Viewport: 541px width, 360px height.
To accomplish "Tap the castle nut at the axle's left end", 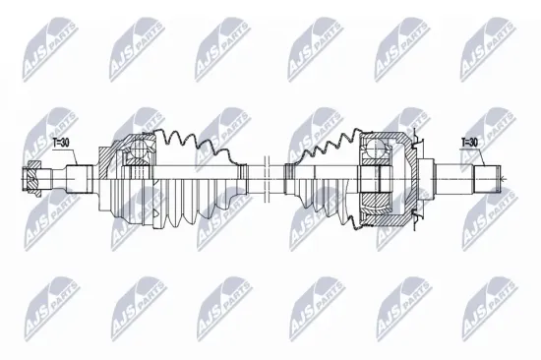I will click(31, 179).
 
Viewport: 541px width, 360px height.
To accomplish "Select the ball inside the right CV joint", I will click(374, 149).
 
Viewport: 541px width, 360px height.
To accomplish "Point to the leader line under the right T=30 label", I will click(482, 157).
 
